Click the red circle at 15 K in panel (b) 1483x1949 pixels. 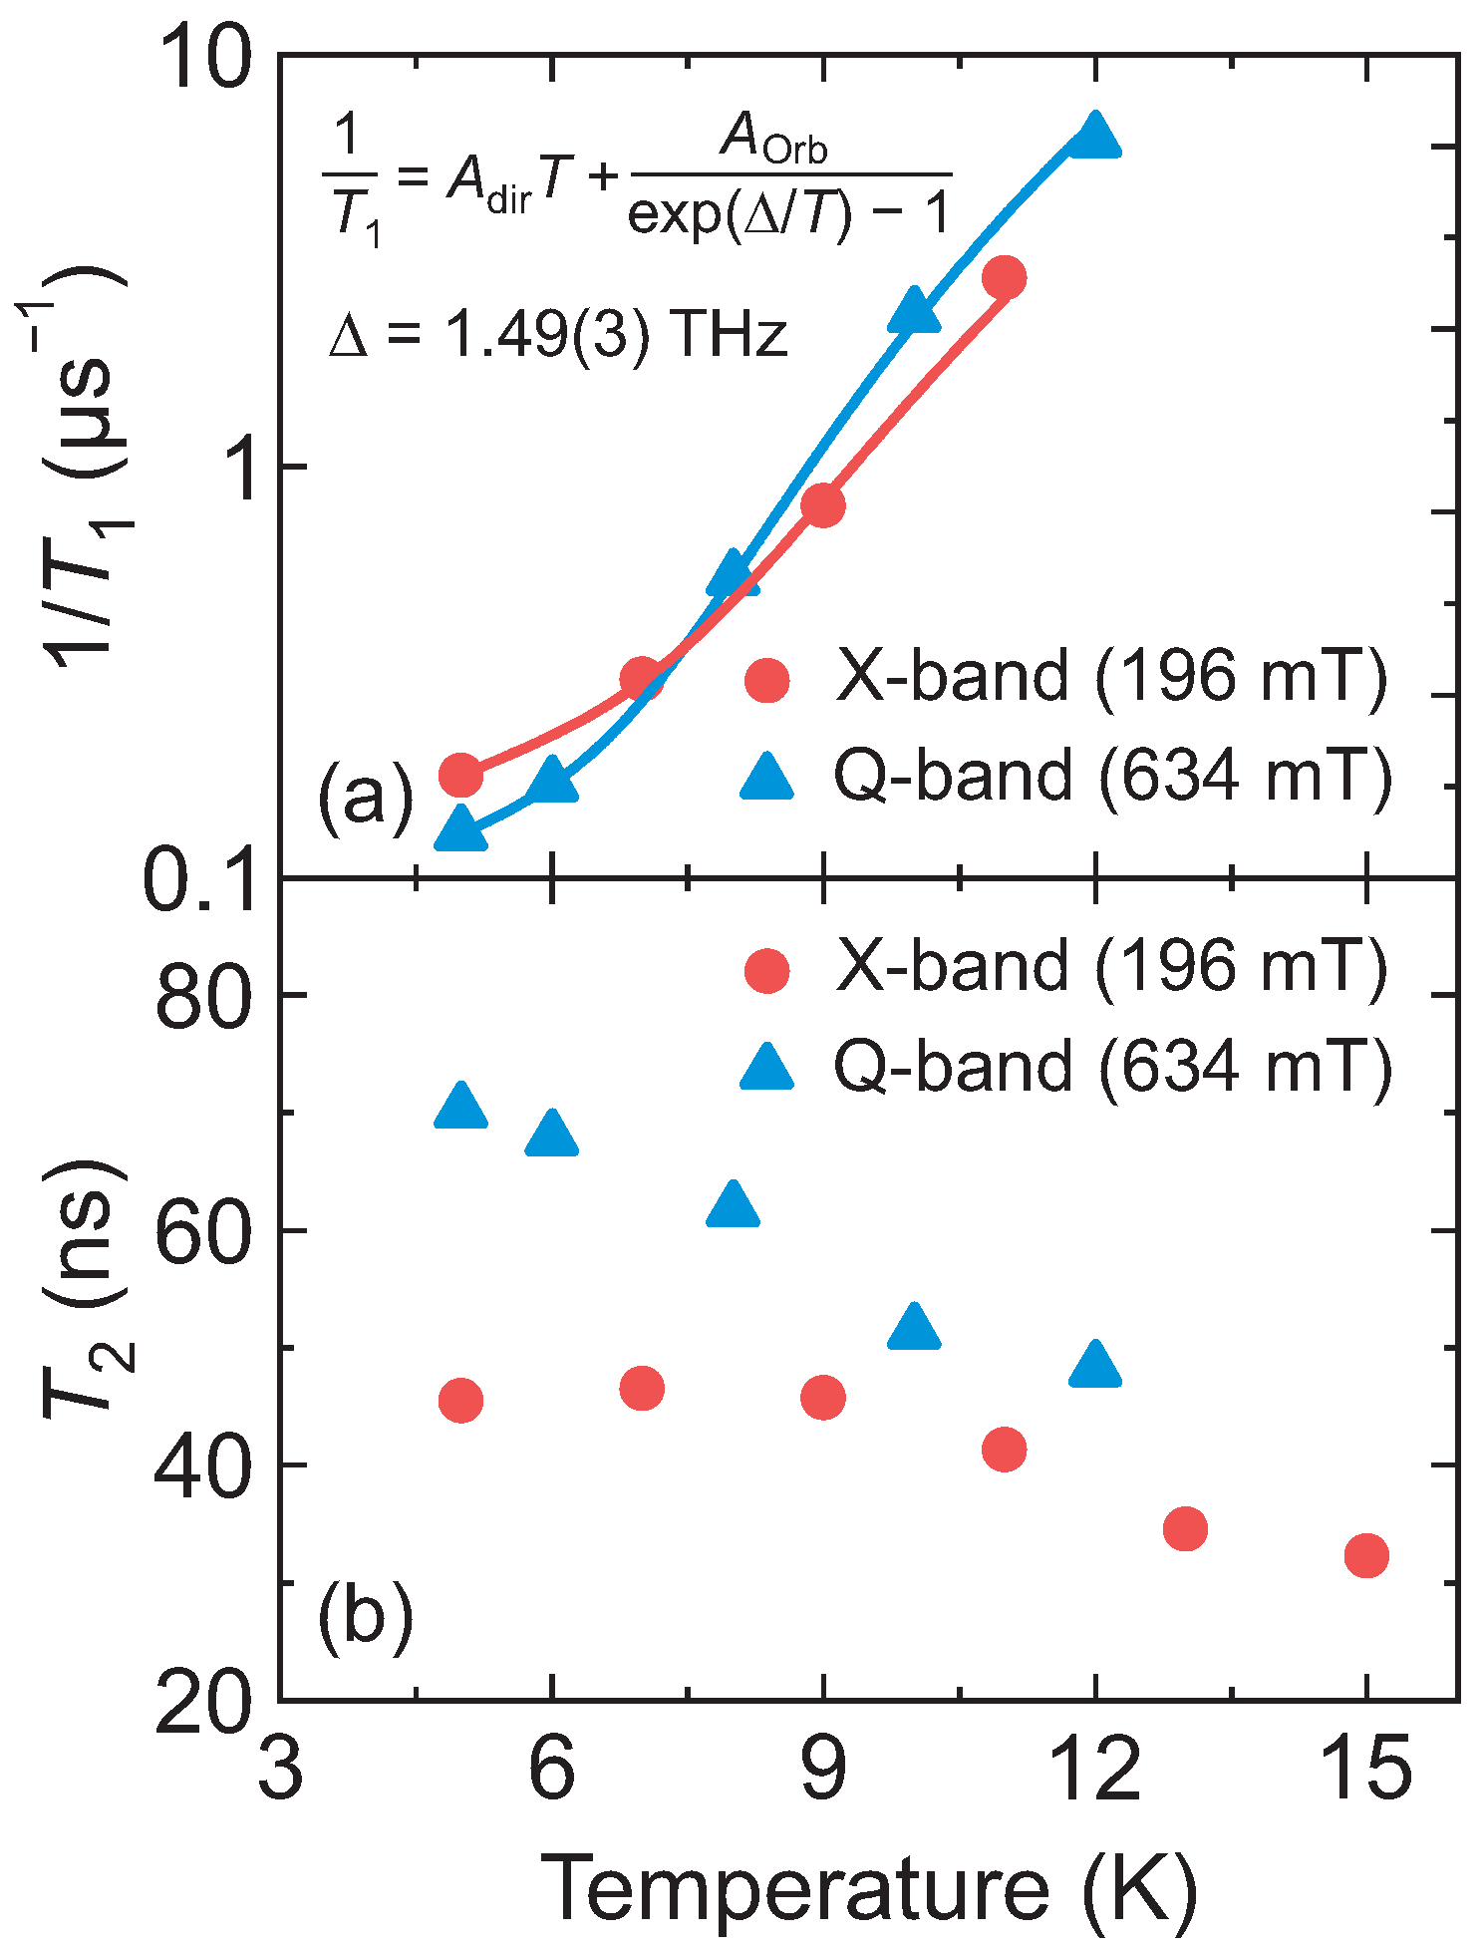pos(1366,1555)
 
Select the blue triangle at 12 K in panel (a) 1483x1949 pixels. pos(1095,138)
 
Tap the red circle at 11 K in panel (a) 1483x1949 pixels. pos(1004,277)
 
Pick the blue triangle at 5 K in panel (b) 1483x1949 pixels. pos(460,1108)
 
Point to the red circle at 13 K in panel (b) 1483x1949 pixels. pos(1185,1528)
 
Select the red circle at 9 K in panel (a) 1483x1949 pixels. pos(823,505)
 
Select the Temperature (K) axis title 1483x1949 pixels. pos(867,1887)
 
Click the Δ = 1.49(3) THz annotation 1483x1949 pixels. pos(558,335)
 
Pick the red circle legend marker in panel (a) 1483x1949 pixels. pos(767,680)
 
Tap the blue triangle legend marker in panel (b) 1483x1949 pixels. pos(767,1068)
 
